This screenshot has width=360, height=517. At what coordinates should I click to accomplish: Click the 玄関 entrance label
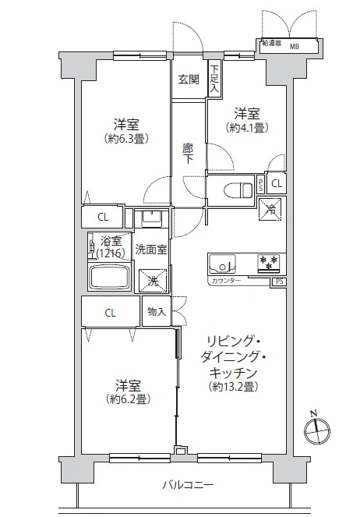click(188, 80)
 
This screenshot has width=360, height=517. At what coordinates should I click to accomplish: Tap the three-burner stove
click(268, 261)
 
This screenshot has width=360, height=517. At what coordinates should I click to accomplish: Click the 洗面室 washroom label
click(151, 250)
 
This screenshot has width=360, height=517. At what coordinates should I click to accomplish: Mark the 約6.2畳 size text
click(125, 399)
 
